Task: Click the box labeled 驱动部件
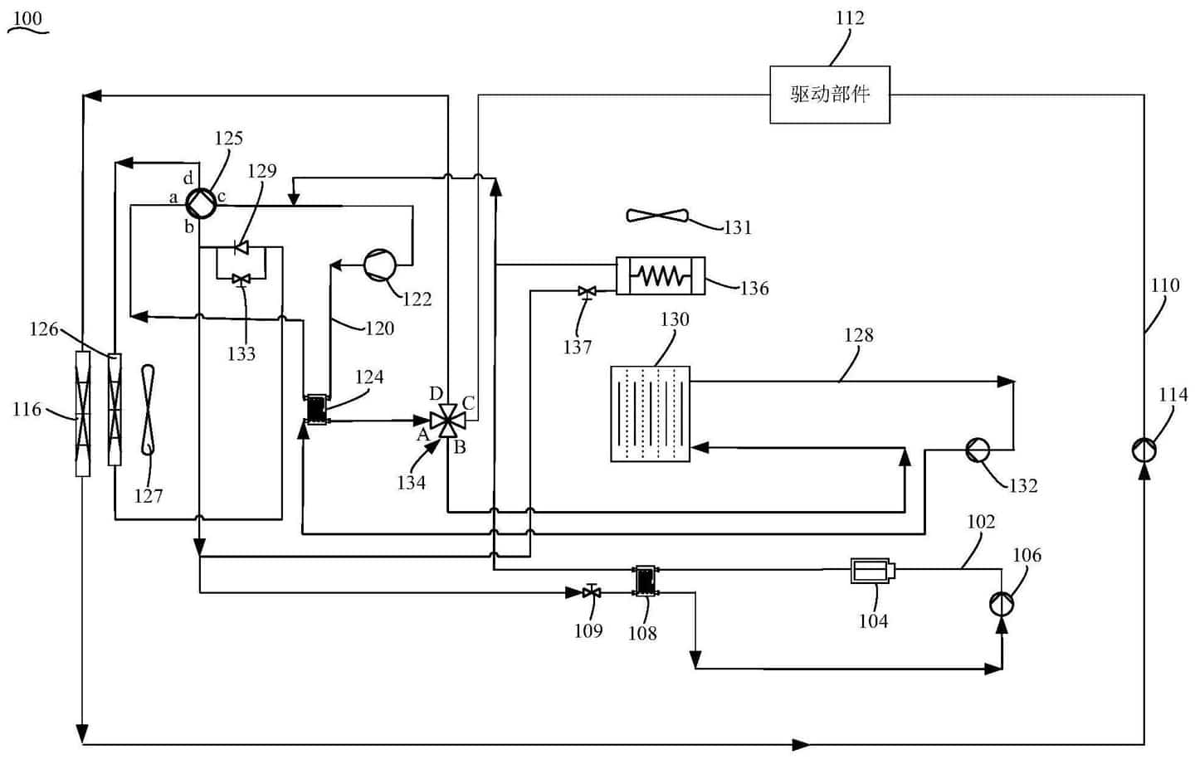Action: (829, 95)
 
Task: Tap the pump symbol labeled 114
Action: (1144, 450)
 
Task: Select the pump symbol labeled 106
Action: (1002, 604)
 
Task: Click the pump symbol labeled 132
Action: (978, 450)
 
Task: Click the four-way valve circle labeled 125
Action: (199, 201)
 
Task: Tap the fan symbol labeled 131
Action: (657, 217)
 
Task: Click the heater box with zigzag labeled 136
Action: (661, 275)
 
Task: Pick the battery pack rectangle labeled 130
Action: (650, 413)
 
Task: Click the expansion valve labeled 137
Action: (587, 291)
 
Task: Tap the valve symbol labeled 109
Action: (591, 592)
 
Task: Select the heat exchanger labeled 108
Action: (644, 581)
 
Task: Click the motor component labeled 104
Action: (872, 571)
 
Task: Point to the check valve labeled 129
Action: (241, 246)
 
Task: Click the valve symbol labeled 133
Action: (241, 279)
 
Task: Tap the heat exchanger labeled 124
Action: (316, 409)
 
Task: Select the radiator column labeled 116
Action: (82, 412)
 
